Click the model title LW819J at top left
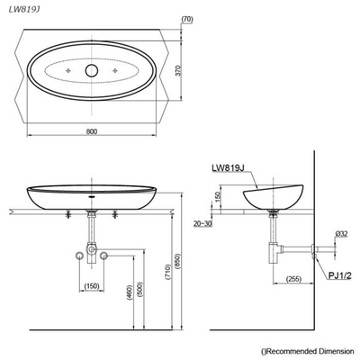coord(24,9)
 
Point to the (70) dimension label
coord(186,18)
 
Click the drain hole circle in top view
coord(93,70)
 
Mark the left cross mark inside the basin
coord(68,70)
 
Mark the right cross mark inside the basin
coord(118,70)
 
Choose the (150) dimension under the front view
coord(93,287)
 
